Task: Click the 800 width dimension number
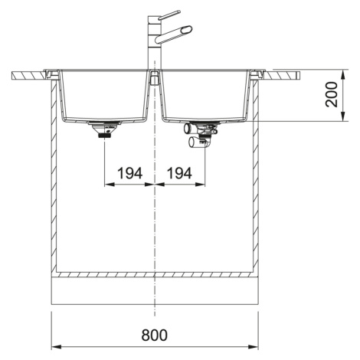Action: click(155, 335)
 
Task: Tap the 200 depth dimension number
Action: click(332, 94)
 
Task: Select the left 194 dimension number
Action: click(129, 173)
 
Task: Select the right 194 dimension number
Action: click(179, 173)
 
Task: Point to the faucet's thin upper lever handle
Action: click(169, 15)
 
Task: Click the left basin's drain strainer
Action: click(104, 129)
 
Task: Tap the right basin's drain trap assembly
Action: click(201, 135)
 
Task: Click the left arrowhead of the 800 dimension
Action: click(57, 347)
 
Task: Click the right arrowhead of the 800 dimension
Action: click(254, 347)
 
